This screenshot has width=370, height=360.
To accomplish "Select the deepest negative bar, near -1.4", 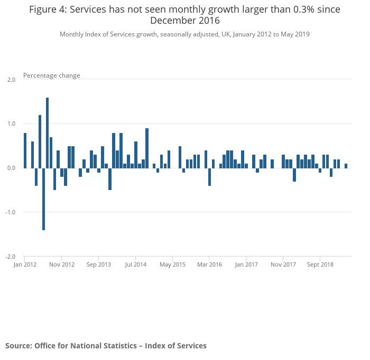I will click(x=43, y=198).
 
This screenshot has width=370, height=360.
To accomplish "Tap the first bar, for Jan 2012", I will click(x=25, y=150).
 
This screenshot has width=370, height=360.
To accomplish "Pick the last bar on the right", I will click(x=346, y=166).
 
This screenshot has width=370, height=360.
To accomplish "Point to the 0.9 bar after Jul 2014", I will click(x=146, y=148).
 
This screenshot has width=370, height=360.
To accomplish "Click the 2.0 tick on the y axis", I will click(x=11, y=80).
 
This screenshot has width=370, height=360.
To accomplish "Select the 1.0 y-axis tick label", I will click(x=11, y=124).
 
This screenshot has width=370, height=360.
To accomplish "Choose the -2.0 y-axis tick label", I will click(x=10, y=257).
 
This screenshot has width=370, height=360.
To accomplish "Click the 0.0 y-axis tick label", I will click(x=11, y=168).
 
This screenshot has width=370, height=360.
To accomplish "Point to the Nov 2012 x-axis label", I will click(x=62, y=264).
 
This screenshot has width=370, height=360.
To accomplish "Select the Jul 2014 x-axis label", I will click(x=136, y=264).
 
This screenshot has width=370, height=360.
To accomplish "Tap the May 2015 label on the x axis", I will click(x=172, y=264).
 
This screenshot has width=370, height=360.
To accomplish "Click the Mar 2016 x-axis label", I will click(x=209, y=264).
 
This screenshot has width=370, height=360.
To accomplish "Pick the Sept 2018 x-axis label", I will click(x=320, y=264).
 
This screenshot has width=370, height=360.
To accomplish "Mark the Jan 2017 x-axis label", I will click(x=246, y=264).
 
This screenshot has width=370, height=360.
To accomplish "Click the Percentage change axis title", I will click(x=52, y=75).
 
